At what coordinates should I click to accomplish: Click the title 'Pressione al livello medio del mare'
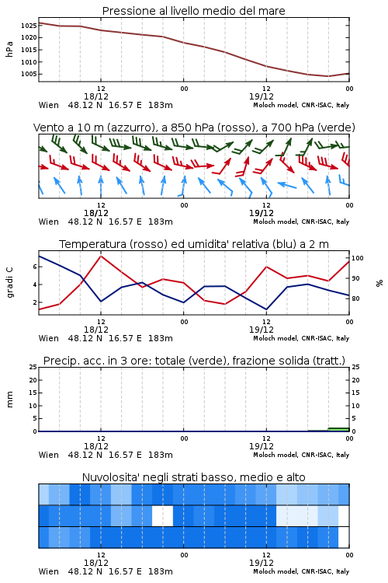[193, 11]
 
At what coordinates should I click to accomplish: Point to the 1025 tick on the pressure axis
[29, 26]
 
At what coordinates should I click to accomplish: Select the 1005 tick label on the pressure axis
[29, 74]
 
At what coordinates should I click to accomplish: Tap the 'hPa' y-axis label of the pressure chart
[9, 49]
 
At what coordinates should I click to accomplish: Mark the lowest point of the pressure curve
[328, 76]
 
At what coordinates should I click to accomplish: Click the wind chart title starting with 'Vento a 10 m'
[194, 127]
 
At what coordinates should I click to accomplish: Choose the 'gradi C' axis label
[9, 282]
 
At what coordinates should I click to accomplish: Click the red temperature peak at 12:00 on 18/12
[101, 256]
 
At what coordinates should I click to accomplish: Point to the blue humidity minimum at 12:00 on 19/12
[266, 309]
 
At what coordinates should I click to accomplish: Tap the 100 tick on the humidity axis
[358, 258]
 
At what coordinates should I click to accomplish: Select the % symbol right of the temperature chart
[379, 283]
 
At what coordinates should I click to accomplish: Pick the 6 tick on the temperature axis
[35, 267]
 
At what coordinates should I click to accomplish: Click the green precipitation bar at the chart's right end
[338, 429]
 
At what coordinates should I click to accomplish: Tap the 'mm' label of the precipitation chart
[9, 400]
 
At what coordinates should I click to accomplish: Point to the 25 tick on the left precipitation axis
[33, 367]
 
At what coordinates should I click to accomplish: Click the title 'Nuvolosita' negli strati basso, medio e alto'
[193, 477]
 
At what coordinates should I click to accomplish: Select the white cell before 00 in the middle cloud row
[163, 515]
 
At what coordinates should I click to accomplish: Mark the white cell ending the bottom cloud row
[344, 537]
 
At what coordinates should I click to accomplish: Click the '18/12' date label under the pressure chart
[96, 96]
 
